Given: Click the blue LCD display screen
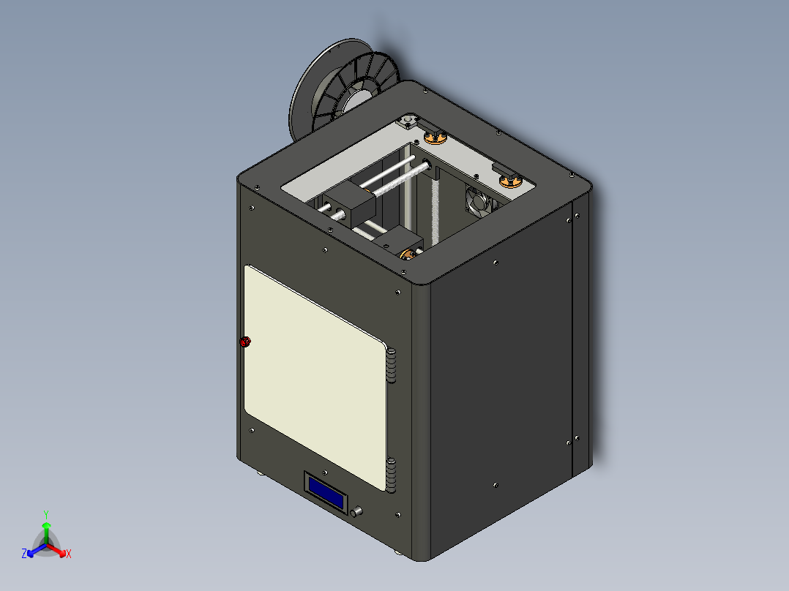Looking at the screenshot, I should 326,492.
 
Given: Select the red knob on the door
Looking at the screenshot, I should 245,342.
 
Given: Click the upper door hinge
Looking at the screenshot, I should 392,366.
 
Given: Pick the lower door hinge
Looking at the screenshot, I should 392,473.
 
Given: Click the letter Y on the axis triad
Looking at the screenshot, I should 46,513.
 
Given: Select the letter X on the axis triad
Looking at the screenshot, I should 69,554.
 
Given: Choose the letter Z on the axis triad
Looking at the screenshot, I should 24,554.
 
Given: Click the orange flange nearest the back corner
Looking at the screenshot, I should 435,136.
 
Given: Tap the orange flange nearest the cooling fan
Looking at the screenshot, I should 510,179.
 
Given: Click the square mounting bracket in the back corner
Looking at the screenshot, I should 407,121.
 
